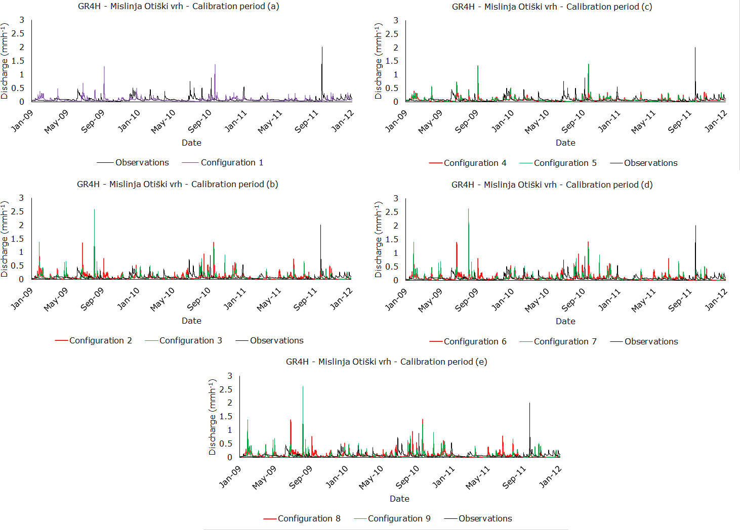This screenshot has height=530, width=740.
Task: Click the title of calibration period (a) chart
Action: click(178, 7)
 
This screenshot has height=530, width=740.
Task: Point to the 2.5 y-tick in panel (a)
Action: click(18, 33)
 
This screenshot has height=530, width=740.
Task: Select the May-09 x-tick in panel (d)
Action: click(430, 300)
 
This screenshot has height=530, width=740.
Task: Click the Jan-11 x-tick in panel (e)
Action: click(443, 477)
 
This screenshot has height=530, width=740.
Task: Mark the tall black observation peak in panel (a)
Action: click(322, 48)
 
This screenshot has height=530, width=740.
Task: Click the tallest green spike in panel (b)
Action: click(94, 210)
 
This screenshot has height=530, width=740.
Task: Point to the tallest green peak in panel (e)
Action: click(303, 387)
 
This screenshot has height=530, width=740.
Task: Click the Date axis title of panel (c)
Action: click(565, 143)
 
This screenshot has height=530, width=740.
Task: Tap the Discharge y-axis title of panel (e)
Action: click(213, 417)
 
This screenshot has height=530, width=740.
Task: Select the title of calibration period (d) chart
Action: click(552, 185)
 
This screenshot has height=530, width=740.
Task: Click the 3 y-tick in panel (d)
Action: click(396, 198)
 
